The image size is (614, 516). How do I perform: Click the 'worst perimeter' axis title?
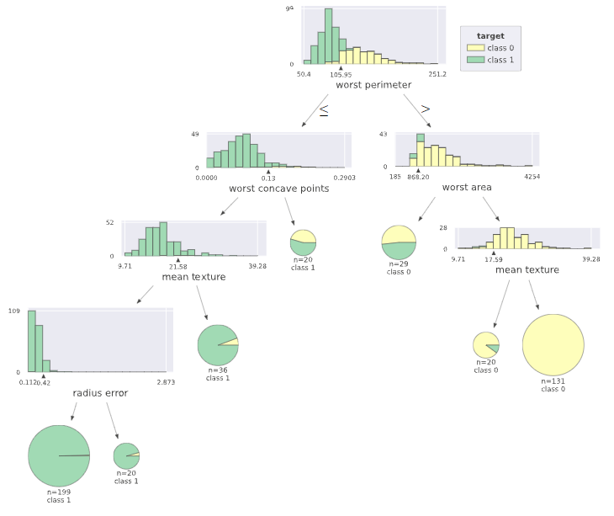point(373,85)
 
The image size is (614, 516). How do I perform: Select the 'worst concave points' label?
point(278,189)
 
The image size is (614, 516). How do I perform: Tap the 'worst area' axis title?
point(467,187)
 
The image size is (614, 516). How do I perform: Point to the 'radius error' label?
point(100,392)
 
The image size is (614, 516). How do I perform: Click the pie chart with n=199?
point(59,455)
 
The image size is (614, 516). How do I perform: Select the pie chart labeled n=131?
point(553,345)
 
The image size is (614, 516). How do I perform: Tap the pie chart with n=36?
point(218,344)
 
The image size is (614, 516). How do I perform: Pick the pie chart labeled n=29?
point(399,243)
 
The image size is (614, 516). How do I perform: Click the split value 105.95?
point(341,74)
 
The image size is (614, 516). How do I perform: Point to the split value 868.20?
point(418,177)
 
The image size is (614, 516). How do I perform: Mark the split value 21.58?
point(178,266)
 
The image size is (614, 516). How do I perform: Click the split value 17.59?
point(495,259)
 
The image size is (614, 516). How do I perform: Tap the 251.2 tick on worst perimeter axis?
point(437,74)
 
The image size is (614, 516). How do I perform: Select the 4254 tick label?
point(532,177)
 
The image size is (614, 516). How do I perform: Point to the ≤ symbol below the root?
point(323,109)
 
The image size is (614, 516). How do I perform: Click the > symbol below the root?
point(426,109)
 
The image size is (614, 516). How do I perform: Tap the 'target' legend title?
point(490,36)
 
